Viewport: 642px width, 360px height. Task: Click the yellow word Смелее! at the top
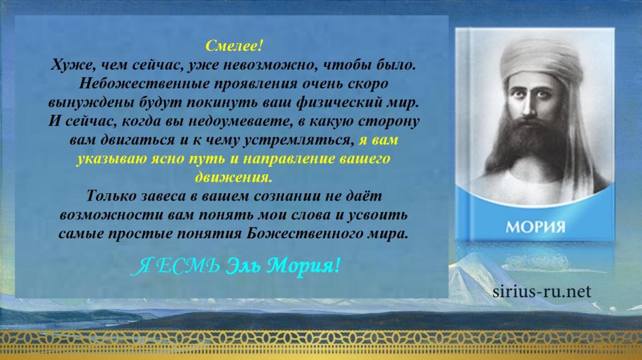click(233, 46)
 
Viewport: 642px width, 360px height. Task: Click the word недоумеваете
click(237, 121)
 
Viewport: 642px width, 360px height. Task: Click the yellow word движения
click(233, 177)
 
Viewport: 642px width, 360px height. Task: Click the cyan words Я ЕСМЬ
click(176, 267)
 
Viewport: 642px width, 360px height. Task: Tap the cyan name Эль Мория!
click(283, 266)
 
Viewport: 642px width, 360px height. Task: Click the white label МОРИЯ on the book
click(535, 227)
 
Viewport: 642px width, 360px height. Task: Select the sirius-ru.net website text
click(542, 292)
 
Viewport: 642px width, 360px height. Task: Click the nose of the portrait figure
click(529, 107)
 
